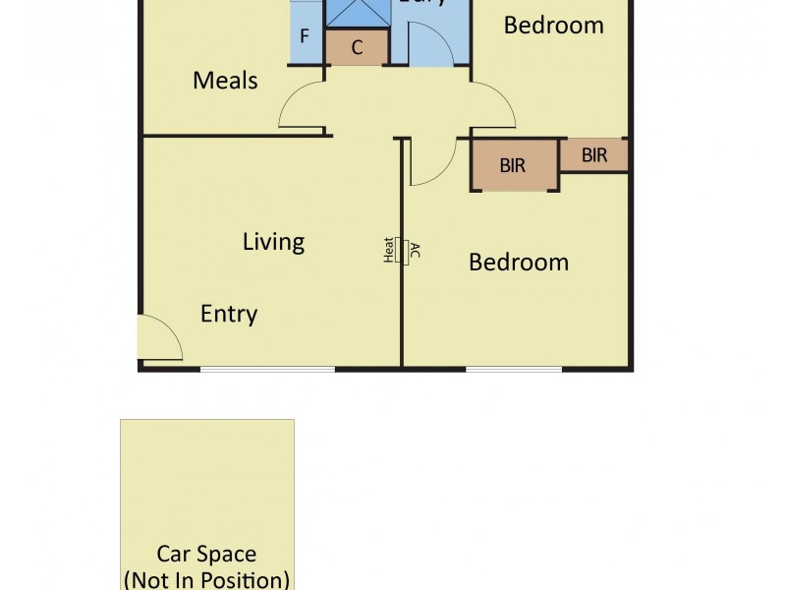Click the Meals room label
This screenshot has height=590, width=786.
pyautogui.click(x=225, y=81)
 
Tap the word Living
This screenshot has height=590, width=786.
pyautogui.click(x=273, y=241)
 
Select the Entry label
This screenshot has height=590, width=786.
pyautogui.click(x=228, y=314)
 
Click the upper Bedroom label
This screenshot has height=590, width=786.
pyautogui.click(x=553, y=26)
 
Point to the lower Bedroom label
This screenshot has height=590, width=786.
pyautogui.click(x=518, y=263)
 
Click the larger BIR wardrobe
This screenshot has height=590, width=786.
pyautogui.click(x=514, y=164)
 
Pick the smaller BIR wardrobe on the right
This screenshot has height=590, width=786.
pyautogui.click(x=593, y=155)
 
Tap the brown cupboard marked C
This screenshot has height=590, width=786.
pyautogui.click(x=357, y=46)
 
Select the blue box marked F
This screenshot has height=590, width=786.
pyautogui.click(x=305, y=37)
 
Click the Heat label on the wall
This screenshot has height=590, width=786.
pyautogui.click(x=389, y=251)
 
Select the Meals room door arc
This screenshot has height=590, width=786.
pyautogui.click(x=303, y=105)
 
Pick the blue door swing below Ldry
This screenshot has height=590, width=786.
pyautogui.click(x=429, y=44)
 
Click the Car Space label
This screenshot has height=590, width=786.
pyautogui.click(x=206, y=555)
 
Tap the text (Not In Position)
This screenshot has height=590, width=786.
pyautogui.click(x=206, y=578)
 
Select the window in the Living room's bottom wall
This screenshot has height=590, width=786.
pyautogui.click(x=267, y=369)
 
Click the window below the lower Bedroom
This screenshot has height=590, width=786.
pyautogui.click(x=514, y=369)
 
